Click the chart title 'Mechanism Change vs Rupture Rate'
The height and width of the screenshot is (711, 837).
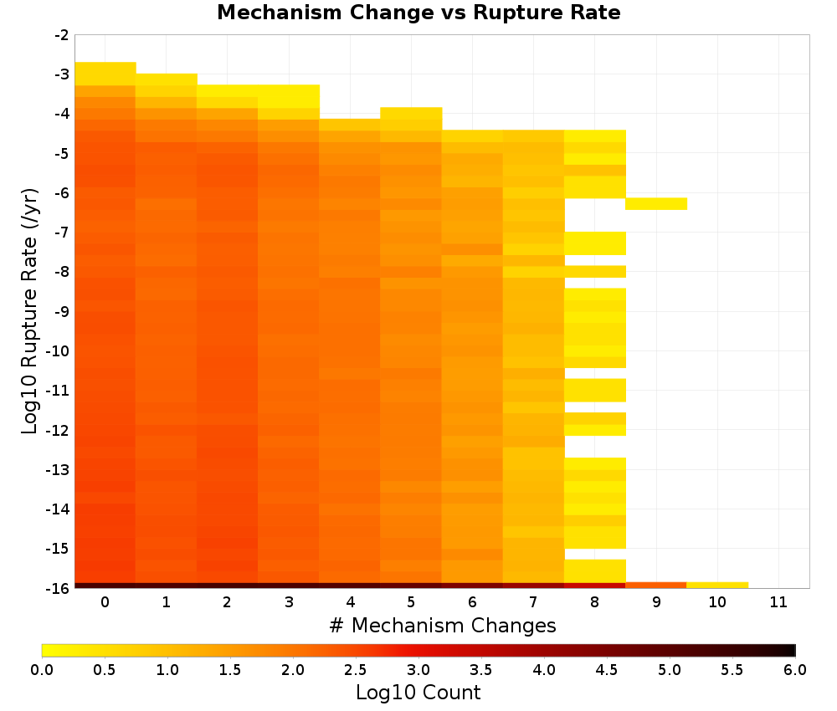tap(418, 13)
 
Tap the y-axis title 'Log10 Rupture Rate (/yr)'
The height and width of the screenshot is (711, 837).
tap(29, 311)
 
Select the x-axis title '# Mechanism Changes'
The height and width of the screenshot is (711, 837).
tap(443, 625)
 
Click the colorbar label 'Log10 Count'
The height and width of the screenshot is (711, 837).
tap(418, 693)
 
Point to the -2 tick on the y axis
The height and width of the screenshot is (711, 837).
tap(62, 35)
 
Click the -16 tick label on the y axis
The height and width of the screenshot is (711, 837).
tap(59, 588)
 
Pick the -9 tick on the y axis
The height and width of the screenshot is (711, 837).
tap(62, 311)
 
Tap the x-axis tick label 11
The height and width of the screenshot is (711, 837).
tap(778, 602)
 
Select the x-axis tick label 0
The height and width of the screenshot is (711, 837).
tap(105, 602)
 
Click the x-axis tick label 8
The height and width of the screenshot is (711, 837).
tap(594, 602)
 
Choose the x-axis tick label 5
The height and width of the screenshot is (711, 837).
tap(411, 602)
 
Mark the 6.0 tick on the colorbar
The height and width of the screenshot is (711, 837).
tap(795, 669)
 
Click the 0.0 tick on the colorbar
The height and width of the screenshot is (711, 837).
tap(42, 669)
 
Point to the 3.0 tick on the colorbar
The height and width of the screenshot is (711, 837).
tap(418, 669)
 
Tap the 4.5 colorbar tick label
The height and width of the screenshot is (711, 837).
tap(606, 669)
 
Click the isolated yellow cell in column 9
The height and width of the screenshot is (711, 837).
tap(656, 204)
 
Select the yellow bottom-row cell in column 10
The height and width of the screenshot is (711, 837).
tap(717, 586)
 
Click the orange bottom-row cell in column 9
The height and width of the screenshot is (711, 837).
tap(656, 586)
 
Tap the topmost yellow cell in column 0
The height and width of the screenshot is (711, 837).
tap(105, 74)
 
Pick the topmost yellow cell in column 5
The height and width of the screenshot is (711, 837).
tap(411, 119)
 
